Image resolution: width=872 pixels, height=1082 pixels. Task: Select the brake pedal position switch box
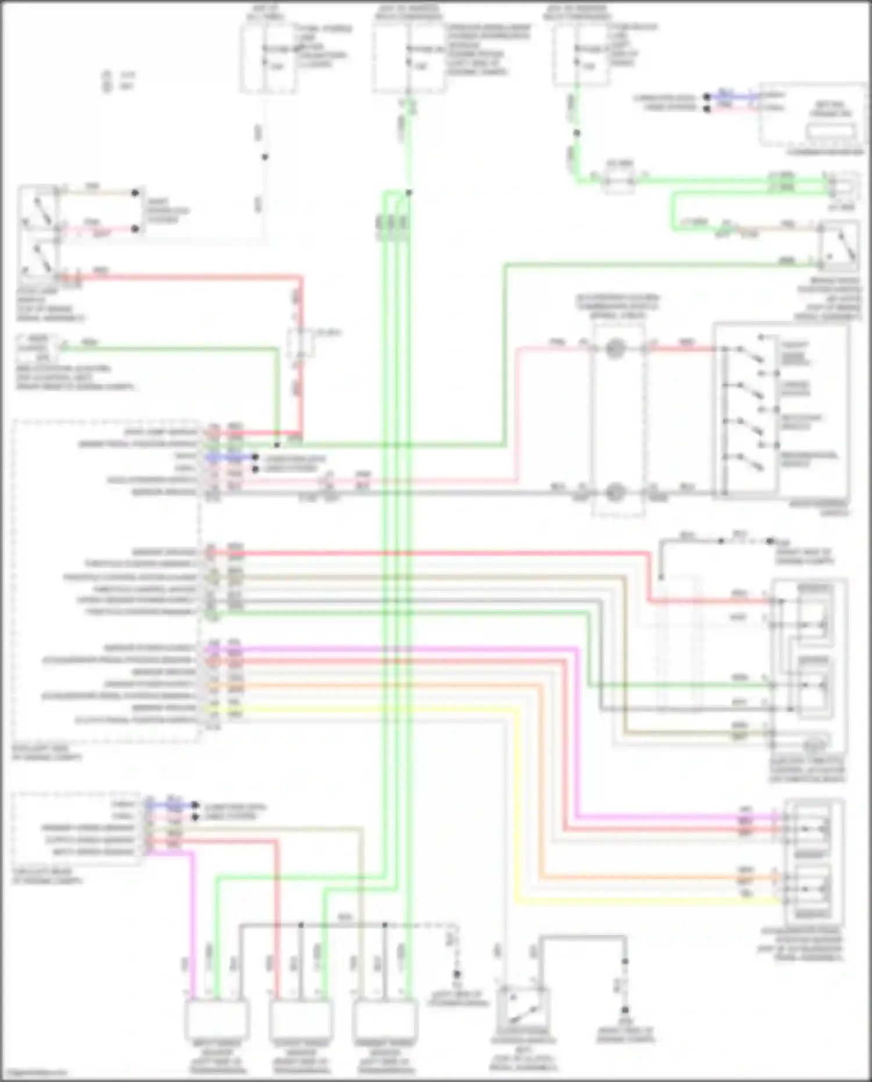(x=838, y=247)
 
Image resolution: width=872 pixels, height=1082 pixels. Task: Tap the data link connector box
(x=813, y=114)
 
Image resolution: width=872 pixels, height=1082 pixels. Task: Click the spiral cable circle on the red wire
(x=614, y=349)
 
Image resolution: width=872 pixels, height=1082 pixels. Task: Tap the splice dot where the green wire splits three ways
(x=409, y=192)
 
